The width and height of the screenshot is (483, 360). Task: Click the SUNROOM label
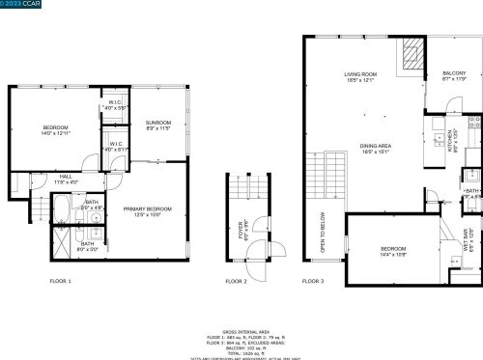(x=158, y=123)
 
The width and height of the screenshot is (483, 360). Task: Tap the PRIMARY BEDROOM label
(x=147, y=208)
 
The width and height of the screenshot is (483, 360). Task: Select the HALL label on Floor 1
(x=39, y=177)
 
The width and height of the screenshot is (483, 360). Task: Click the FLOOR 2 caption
(x=237, y=281)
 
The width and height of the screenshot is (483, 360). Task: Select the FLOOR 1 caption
(x=61, y=281)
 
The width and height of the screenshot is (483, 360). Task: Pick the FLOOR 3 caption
(x=313, y=281)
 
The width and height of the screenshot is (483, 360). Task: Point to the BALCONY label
(x=454, y=73)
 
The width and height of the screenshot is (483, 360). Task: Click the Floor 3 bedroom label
(x=393, y=249)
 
